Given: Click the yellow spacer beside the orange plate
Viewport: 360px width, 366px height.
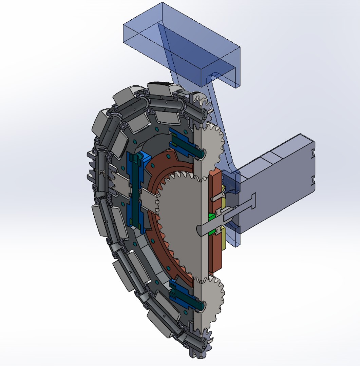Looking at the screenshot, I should coord(224,237).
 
